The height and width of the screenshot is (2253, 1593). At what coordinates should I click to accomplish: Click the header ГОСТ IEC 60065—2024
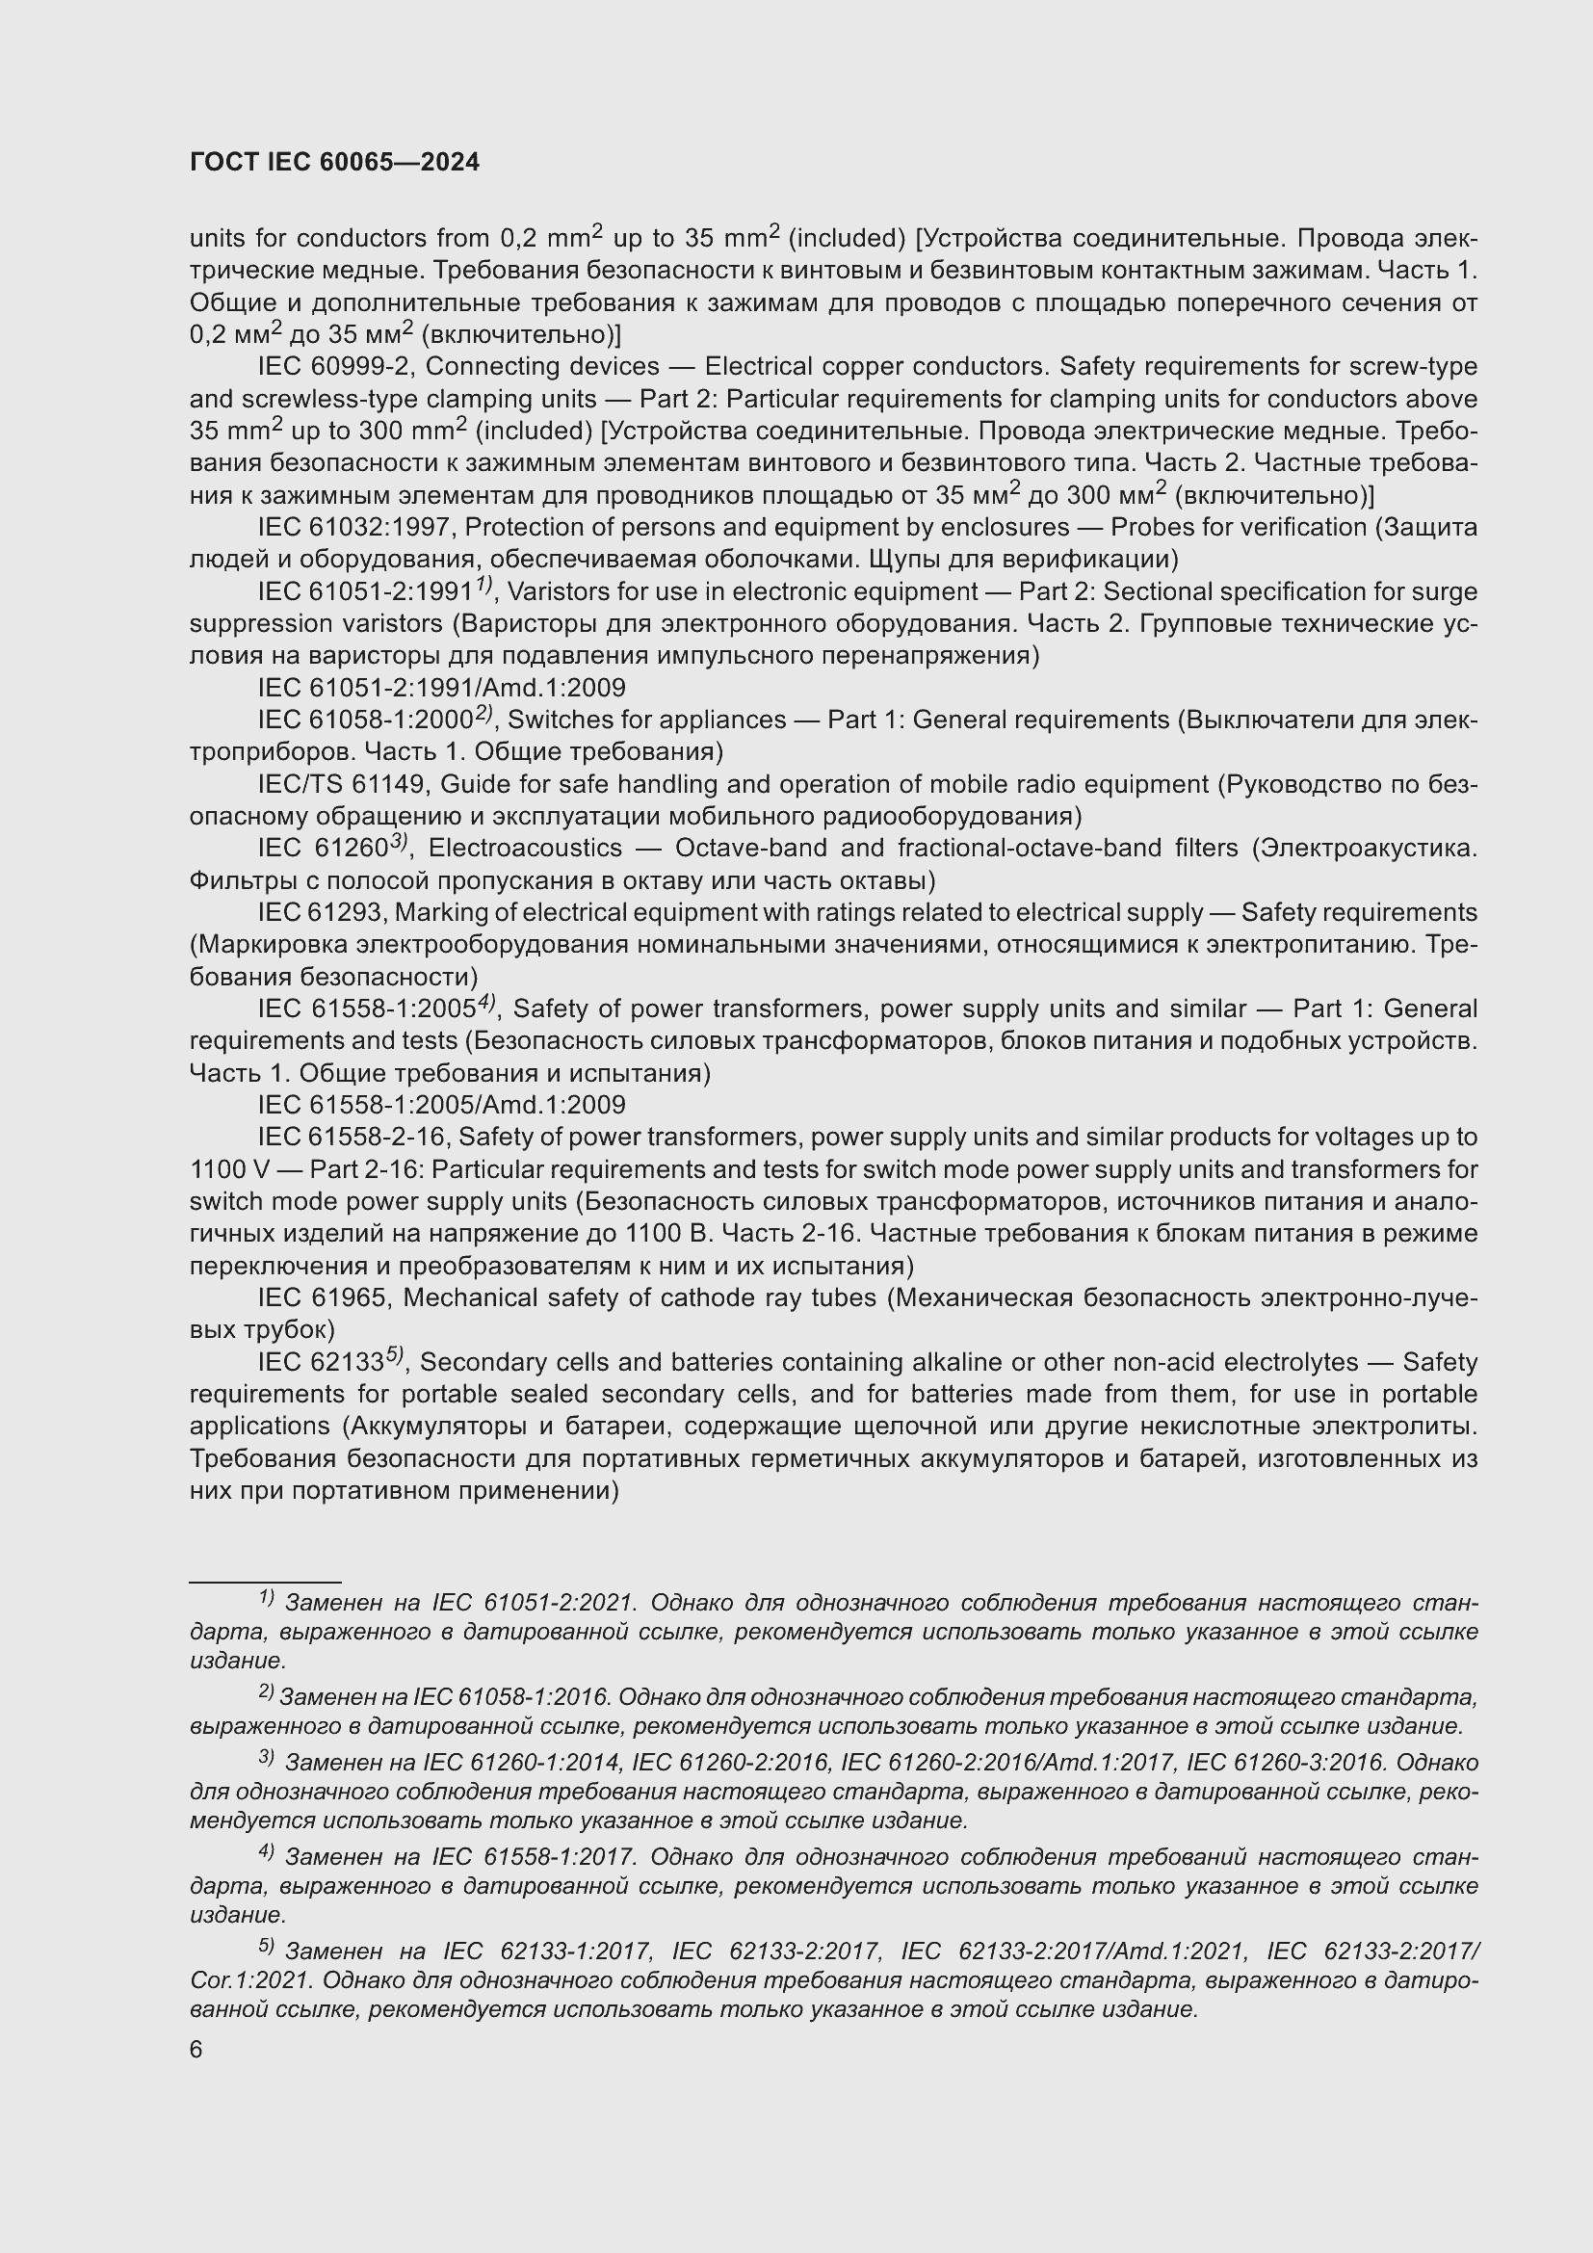(334, 163)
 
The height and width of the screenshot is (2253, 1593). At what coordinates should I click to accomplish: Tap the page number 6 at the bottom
(196, 2050)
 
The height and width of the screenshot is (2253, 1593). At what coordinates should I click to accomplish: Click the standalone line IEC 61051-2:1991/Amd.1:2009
(441, 688)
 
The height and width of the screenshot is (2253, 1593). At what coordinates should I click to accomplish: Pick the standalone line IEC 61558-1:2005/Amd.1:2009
(441, 1105)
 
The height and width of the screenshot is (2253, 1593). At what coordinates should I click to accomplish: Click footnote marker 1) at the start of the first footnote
(266, 1599)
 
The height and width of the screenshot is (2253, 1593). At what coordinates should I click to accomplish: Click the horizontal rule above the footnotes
(265, 1582)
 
